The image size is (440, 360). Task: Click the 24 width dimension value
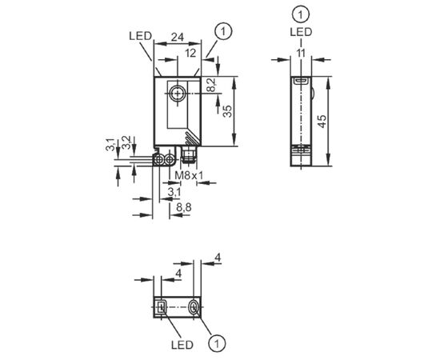(x=178, y=37)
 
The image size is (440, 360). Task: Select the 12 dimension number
(x=190, y=53)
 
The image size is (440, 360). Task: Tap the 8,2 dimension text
(x=212, y=85)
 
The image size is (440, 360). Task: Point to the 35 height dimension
(x=227, y=111)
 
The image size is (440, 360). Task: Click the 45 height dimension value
(x=322, y=122)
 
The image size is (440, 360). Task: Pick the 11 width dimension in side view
(x=301, y=53)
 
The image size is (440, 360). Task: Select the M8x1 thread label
(x=189, y=176)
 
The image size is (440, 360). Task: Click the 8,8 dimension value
(x=184, y=207)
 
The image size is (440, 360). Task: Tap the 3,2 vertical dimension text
(x=126, y=142)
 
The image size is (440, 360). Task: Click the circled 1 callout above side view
(x=301, y=14)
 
